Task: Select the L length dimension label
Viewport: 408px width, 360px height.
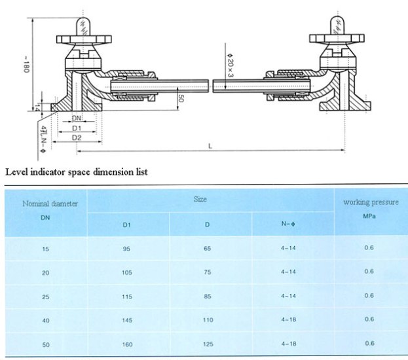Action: pos(210,146)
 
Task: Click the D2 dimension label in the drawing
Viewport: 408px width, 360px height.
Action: pos(77,139)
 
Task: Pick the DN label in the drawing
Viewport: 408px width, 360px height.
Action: pos(77,118)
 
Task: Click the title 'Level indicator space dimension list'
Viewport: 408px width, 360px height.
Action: pos(77,173)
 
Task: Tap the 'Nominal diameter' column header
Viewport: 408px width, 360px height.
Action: pos(45,204)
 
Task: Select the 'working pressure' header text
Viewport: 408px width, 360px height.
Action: pos(371,202)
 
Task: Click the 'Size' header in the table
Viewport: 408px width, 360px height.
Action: pos(200,198)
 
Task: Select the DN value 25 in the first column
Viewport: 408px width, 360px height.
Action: pos(45,296)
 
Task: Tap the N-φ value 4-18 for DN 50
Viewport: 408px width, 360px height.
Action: pos(287,343)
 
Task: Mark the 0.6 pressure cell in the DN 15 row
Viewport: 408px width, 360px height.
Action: pos(369,248)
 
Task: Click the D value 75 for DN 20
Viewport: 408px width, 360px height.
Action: pos(207,272)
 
